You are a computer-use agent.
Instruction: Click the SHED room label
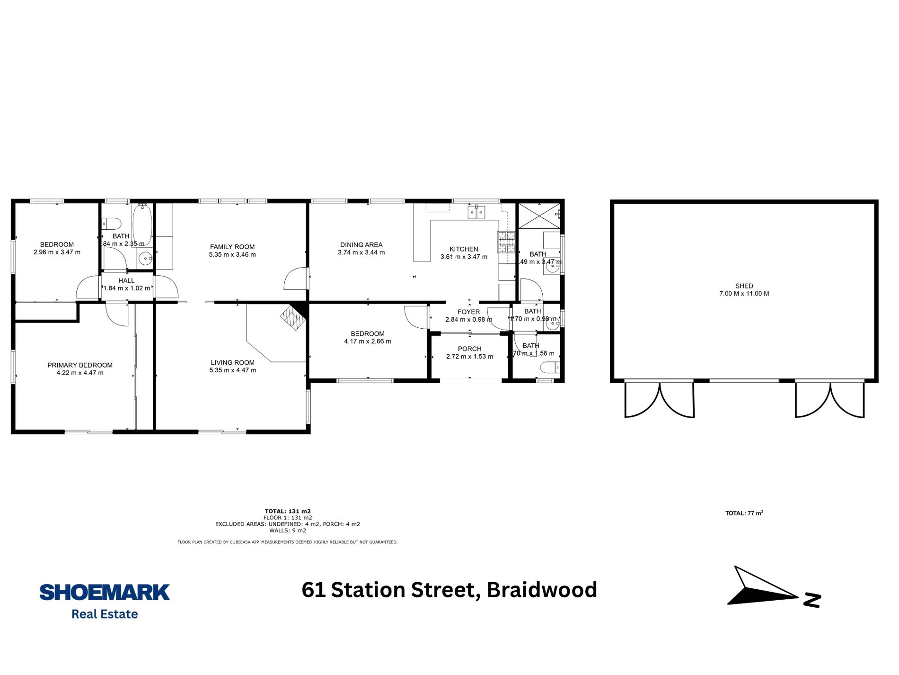click(744, 286)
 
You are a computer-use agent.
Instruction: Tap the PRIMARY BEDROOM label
click(80, 365)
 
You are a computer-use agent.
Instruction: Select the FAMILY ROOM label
click(232, 247)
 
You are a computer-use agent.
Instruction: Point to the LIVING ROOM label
click(232, 363)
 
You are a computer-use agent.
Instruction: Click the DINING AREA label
click(361, 245)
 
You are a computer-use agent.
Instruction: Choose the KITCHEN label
click(464, 249)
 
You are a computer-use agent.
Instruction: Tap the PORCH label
click(469, 349)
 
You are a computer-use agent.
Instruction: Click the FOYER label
click(468, 312)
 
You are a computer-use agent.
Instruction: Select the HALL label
click(126, 281)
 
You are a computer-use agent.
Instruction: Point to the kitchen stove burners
click(506, 242)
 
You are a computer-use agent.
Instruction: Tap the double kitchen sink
click(476, 212)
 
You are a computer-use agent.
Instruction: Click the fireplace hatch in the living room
click(291, 318)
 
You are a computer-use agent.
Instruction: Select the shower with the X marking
click(539, 216)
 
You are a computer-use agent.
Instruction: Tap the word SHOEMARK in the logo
click(105, 593)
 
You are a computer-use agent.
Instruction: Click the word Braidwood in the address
click(542, 590)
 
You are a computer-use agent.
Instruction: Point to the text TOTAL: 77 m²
click(744, 513)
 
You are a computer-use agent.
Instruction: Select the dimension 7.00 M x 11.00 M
click(744, 294)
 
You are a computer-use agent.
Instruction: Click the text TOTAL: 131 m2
click(287, 511)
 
